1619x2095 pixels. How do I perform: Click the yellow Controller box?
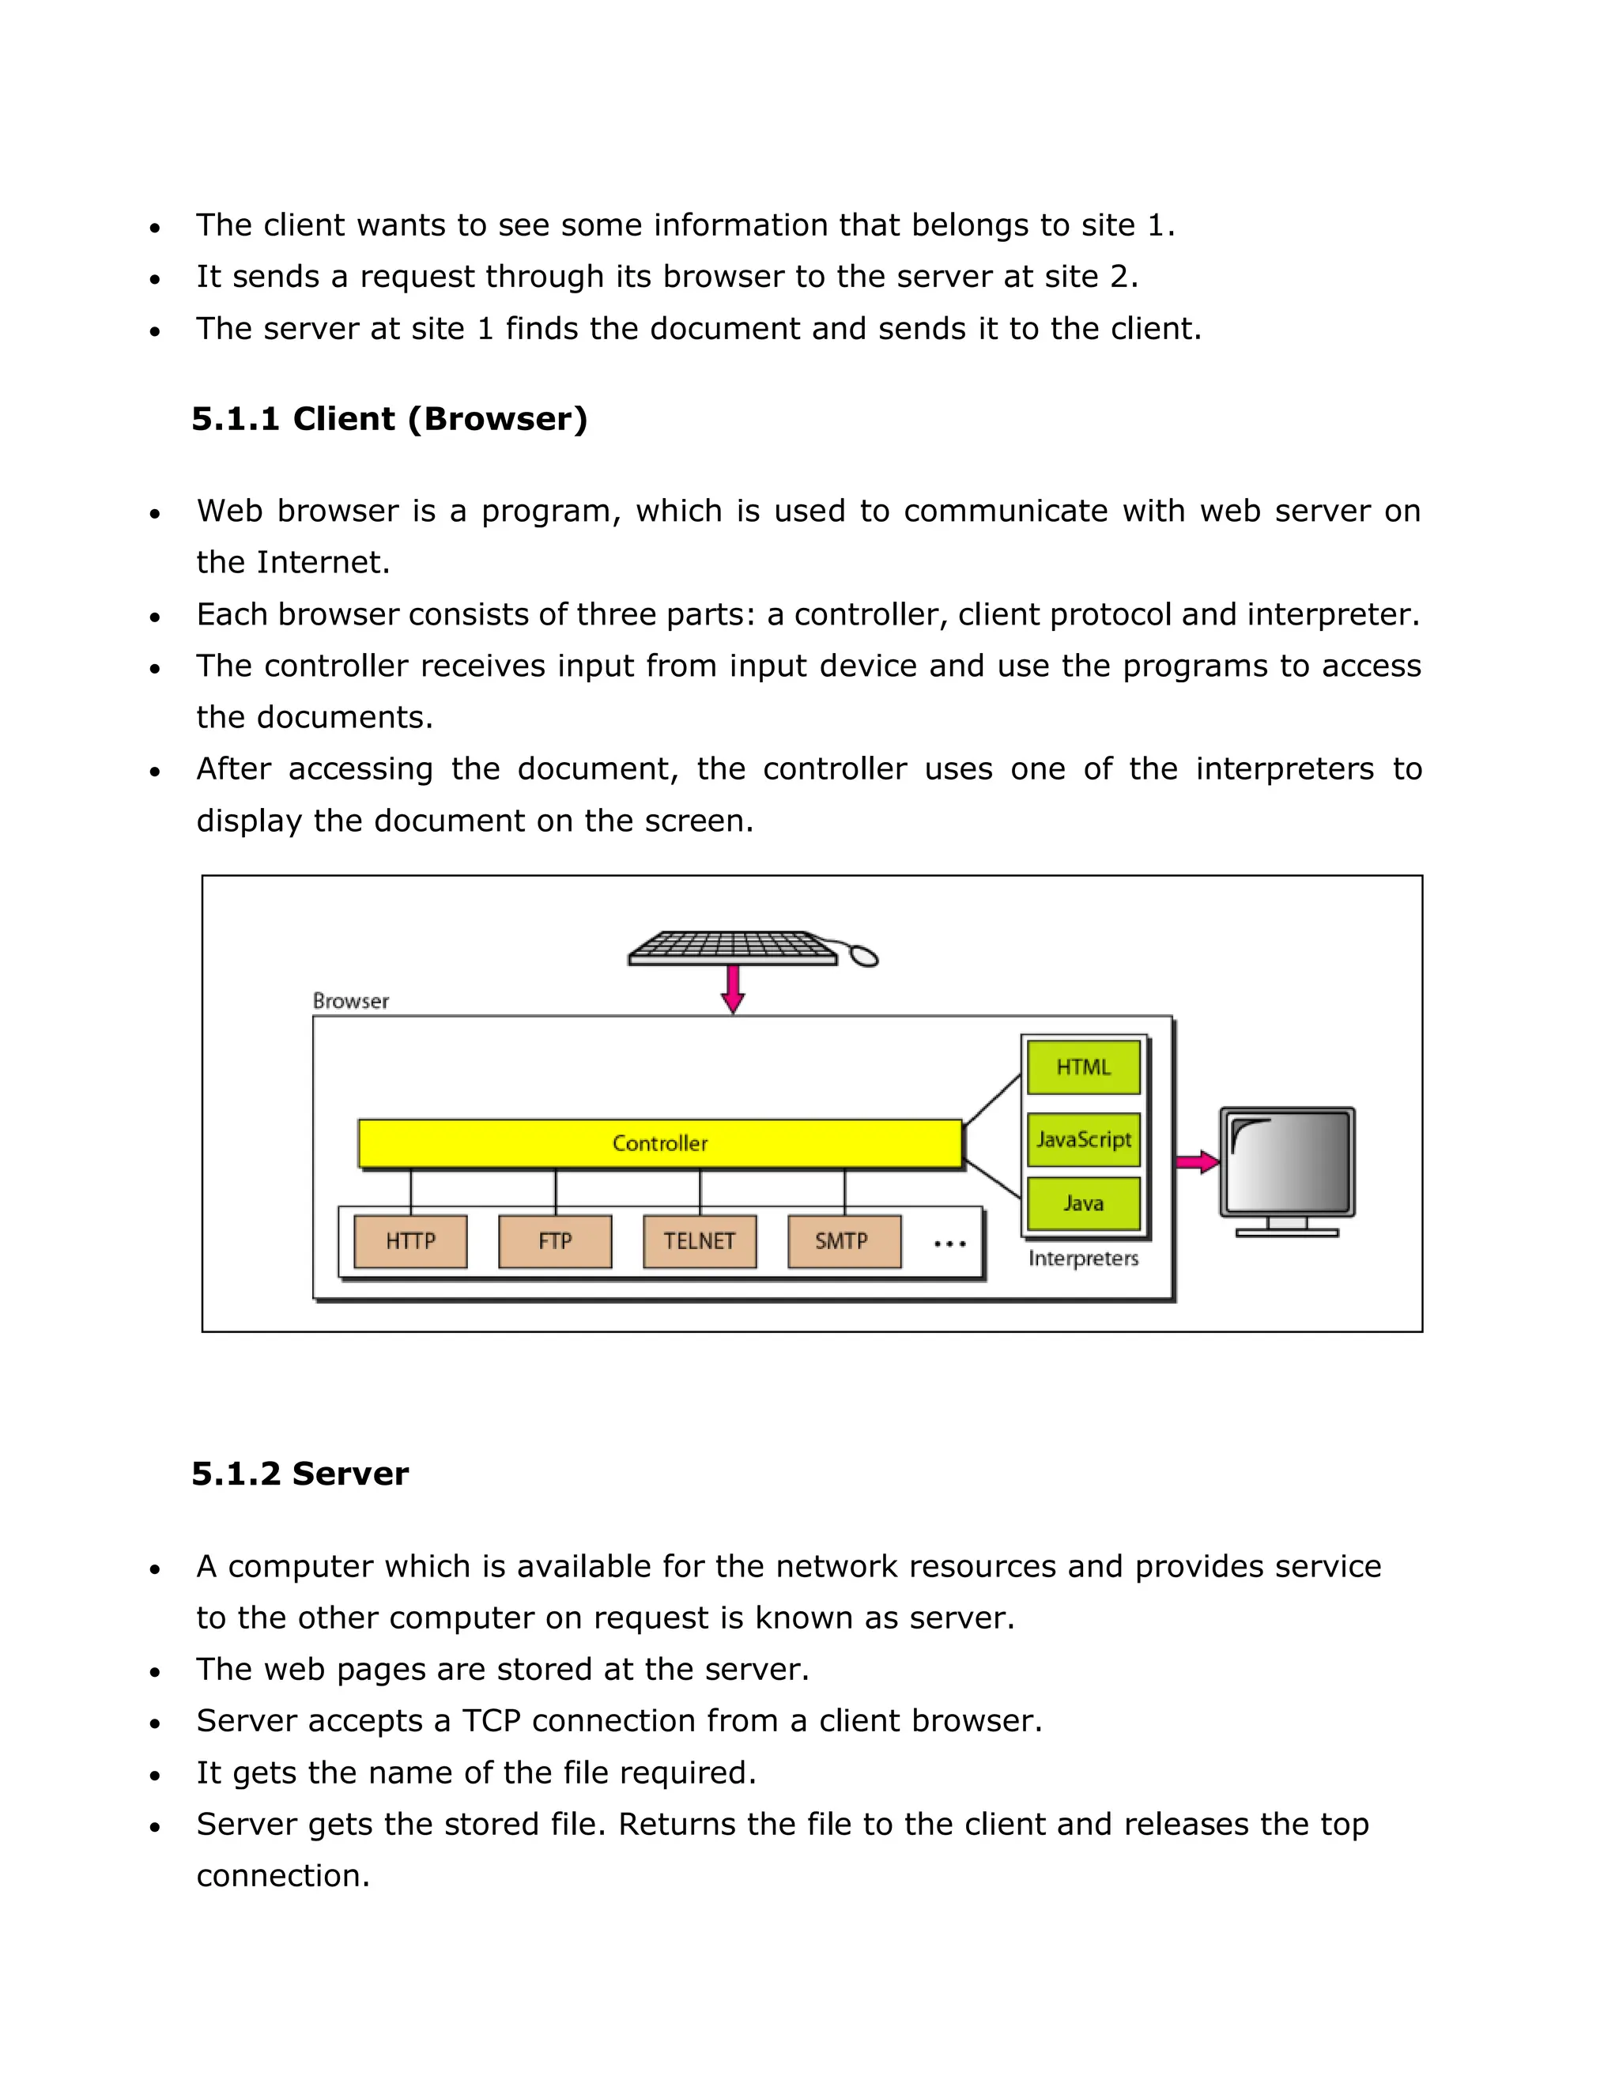pos(660,1143)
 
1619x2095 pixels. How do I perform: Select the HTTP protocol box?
pos(410,1241)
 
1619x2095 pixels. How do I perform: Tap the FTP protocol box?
pos(555,1241)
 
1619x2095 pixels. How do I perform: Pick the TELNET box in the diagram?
pos(699,1241)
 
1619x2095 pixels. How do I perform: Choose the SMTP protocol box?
pos(843,1241)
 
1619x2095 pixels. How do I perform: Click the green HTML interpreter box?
pos(1083,1067)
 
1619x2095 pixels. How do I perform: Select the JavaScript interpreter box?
pos(1083,1139)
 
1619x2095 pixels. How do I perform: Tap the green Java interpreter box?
pos(1083,1203)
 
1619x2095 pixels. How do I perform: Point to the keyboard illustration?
pos(732,947)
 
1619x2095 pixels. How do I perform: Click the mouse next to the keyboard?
pos(864,957)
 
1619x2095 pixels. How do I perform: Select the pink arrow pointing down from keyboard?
pos(733,988)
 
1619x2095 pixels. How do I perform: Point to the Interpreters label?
pos(1083,1259)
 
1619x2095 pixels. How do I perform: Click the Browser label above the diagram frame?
pos(351,1002)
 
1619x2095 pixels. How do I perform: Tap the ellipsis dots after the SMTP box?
pos(949,1244)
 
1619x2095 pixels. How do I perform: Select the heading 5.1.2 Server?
pos(300,1474)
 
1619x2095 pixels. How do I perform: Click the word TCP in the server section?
pos(491,1721)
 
